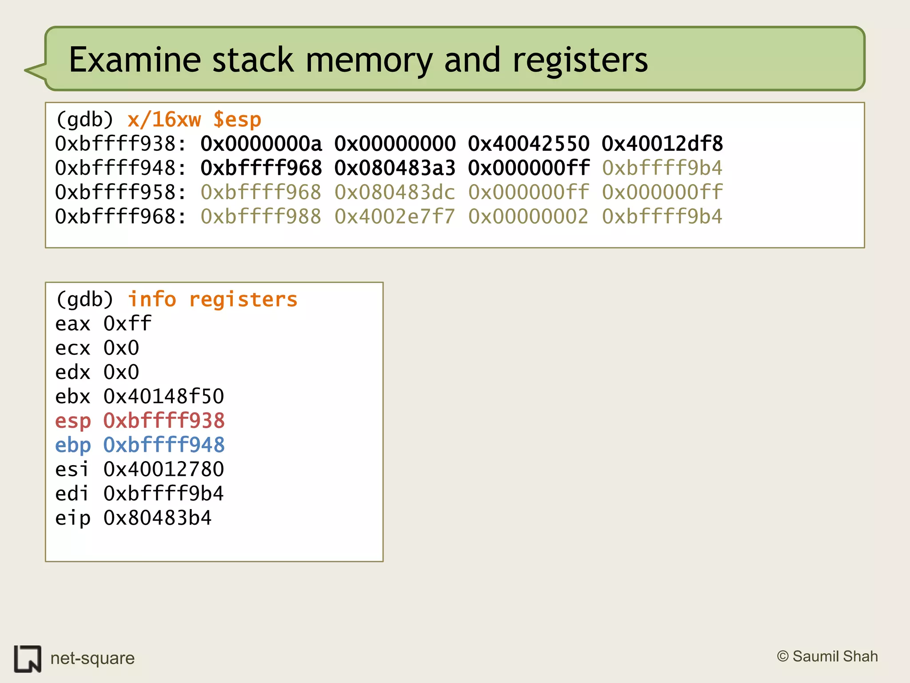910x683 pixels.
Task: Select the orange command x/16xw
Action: click(164, 120)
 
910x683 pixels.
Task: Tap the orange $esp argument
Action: click(237, 120)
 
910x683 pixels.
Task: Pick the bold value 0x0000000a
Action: click(261, 144)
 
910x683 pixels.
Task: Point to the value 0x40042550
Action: click(528, 144)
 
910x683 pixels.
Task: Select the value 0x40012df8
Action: click(662, 144)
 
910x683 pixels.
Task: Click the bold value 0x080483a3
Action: click(395, 168)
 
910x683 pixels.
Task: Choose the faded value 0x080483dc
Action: click(395, 193)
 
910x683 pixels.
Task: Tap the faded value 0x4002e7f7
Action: click(395, 217)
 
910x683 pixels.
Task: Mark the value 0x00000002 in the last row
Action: click(528, 217)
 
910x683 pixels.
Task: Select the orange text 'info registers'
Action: click(212, 299)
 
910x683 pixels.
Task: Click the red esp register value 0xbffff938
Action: click(164, 421)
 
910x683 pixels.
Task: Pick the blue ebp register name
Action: click(73, 445)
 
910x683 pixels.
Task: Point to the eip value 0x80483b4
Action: click(158, 518)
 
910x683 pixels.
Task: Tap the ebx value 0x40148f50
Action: click(164, 396)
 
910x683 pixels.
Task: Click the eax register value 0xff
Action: click(128, 323)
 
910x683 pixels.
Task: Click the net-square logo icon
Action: click(28, 659)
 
